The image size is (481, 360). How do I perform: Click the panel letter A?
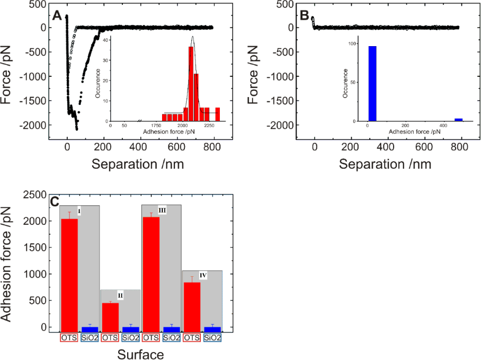pyautogui.click(x=57, y=16)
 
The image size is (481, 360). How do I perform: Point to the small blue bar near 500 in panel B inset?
pyautogui.click(x=459, y=120)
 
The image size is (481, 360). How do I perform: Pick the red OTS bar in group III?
pyautogui.click(x=151, y=274)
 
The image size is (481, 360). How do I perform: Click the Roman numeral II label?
pyautogui.click(x=120, y=295)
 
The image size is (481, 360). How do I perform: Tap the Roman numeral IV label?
pyautogui.click(x=203, y=276)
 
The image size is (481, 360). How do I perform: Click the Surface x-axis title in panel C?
pyautogui.click(x=140, y=354)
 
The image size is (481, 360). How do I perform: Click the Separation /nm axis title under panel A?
pyautogui.click(x=138, y=164)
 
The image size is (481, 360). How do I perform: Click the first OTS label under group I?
pyautogui.click(x=69, y=337)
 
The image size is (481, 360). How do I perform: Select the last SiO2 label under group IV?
pyautogui.click(x=212, y=337)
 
